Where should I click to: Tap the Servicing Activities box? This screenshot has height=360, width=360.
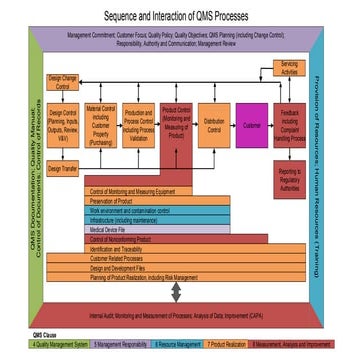point(288,68)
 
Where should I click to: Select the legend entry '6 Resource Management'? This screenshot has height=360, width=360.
point(171,345)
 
